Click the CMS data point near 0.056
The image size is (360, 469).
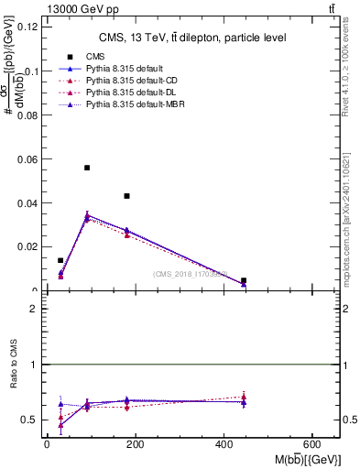[x=87, y=168]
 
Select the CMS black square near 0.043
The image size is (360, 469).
[x=127, y=196]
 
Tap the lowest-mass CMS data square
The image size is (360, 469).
[x=60, y=260]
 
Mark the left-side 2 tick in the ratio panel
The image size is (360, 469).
[x=34, y=309]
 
